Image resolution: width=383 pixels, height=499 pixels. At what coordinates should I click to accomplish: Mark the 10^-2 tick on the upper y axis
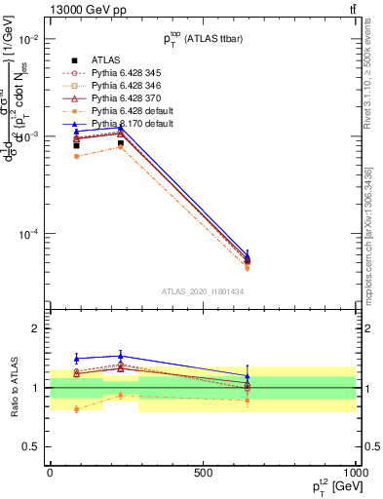click(x=28, y=39)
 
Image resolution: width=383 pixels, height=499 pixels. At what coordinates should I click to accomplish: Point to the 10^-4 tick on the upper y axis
click(x=28, y=234)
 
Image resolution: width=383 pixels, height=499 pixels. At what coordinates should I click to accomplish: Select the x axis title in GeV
click(x=331, y=486)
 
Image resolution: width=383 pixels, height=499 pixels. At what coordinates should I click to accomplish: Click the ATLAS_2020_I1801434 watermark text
click(x=203, y=290)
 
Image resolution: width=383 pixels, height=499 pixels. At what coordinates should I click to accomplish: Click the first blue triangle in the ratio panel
click(x=76, y=359)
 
